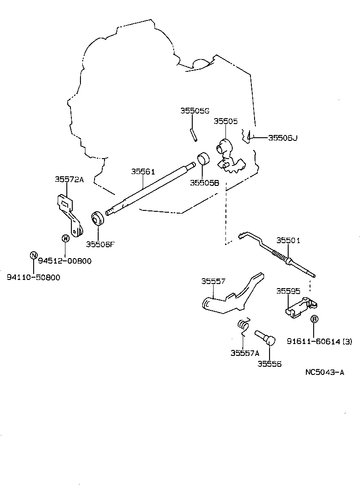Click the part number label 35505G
(195, 111)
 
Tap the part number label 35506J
(282, 137)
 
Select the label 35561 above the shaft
(143, 172)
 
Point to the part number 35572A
(70, 180)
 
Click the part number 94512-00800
(65, 261)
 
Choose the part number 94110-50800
(33, 277)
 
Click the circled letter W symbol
(65, 238)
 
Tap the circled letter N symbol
(33, 255)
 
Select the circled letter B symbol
(314, 319)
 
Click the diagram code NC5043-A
(325, 372)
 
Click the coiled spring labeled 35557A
(244, 324)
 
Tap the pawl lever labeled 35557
(227, 302)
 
